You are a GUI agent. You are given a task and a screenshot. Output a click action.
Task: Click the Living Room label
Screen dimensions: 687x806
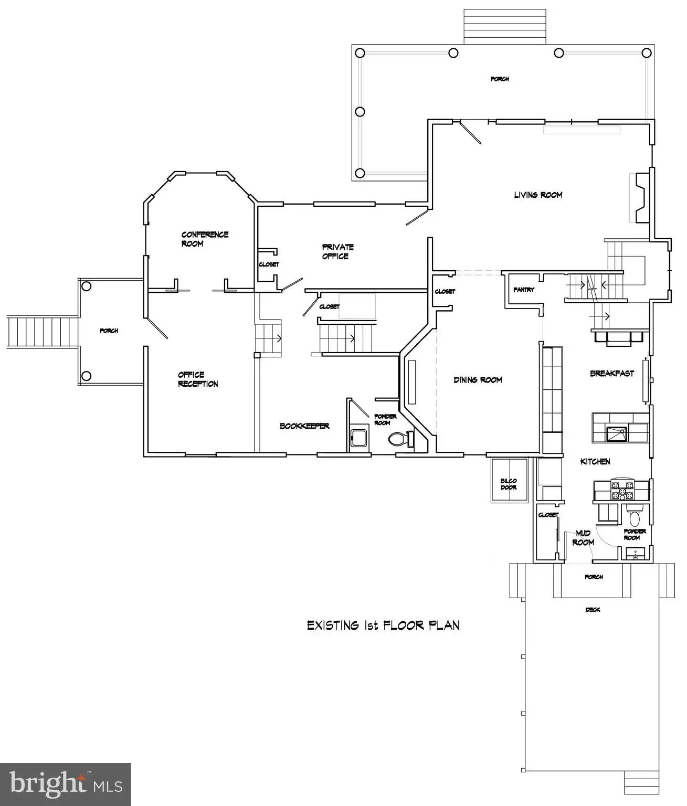[x=538, y=195]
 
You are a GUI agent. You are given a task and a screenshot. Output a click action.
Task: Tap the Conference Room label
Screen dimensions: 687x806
[x=205, y=239]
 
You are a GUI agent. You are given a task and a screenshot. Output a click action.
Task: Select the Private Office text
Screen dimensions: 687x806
[x=338, y=251]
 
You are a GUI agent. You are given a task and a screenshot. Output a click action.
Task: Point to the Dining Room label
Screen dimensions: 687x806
[x=478, y=380]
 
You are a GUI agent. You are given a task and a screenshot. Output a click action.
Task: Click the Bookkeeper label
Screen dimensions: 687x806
[x=304, y=426]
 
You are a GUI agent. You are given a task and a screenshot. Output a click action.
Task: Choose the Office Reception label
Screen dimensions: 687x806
[x=198, y=379]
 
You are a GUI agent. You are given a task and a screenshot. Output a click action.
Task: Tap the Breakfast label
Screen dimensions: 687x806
[x=612, y=374]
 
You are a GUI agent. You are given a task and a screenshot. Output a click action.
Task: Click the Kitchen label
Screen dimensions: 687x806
[x=595, y=462]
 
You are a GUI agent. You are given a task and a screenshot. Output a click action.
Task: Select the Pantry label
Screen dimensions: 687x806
[x=524, y=289]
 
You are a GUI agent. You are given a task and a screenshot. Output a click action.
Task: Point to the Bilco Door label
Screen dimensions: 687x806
[x=509, y=484]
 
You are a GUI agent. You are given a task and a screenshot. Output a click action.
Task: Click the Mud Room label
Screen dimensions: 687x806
[x=583, y=538]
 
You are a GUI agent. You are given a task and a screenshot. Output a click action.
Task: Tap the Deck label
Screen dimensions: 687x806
[x=593, y=610]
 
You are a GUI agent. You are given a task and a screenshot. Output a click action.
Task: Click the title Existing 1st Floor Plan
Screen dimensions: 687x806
[x=383, y=626]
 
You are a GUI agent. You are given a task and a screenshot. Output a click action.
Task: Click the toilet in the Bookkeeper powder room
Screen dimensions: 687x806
[x=400, y=439]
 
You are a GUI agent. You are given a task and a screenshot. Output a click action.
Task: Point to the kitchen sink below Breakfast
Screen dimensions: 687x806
[x=616, y=434]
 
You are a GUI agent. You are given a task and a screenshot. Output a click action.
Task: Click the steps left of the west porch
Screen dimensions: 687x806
[x=43, y=332]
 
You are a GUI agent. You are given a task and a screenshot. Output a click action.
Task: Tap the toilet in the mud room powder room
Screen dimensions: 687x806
[x=635, y=515]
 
